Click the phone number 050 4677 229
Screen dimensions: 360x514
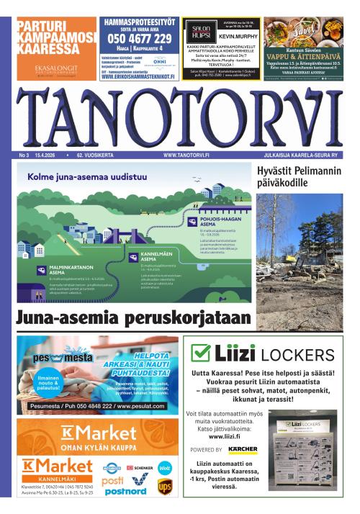[x=140, y=39]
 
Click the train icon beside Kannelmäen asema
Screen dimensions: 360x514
[x=133, y=256]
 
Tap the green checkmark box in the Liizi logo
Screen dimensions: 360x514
[x=200, y=353]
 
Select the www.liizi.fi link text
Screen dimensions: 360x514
[x=225, y=436]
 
